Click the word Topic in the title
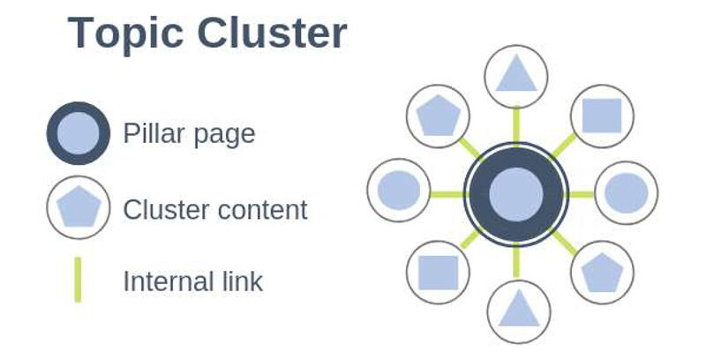[x=125, y=34]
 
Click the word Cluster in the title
[x=273, y=33]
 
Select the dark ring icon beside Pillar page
[x=79, y=133]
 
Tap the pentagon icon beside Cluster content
[x=79, y=207]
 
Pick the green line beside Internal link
[x=78, y=280]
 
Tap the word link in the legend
[x=239, y=281]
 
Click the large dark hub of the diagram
[x=516, y=194]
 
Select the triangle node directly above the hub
[x=516, y=77]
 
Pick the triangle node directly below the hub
[x=519, y=311]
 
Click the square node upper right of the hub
[x=602, y=116]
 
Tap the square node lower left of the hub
[x=438, y=273]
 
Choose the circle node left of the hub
[x=399, y=190]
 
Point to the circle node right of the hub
[x=627, y=193]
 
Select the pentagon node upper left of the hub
[x=438, y=116]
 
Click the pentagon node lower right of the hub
[x=603, y=273]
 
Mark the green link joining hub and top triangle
[x=516, y=125]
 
